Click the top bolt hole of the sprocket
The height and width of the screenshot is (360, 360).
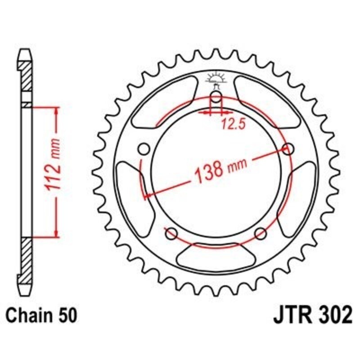tap(216, 99)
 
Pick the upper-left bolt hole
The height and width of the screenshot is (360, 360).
tap(144, 148)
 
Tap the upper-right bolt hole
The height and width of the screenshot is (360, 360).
tap(288, 148)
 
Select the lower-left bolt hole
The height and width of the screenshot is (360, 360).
tap(171, 233)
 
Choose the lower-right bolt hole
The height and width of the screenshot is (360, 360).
tap(261, 233)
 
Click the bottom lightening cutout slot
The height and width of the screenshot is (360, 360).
tap(216, 256)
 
